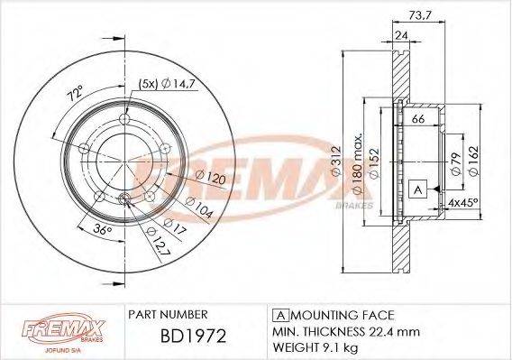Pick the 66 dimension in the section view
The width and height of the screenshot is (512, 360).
pyautogui.click(x=418, y=119)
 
